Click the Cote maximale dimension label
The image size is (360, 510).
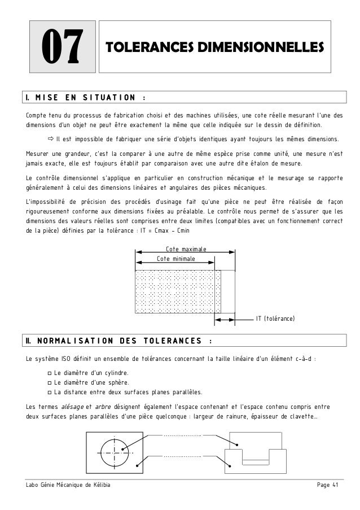pyautogui.click(x=186, y=249)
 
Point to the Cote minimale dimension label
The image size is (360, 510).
pyautogui.click(x=175, y=258)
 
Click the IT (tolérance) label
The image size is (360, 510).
pyautogui.click(x=276, y=320)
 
